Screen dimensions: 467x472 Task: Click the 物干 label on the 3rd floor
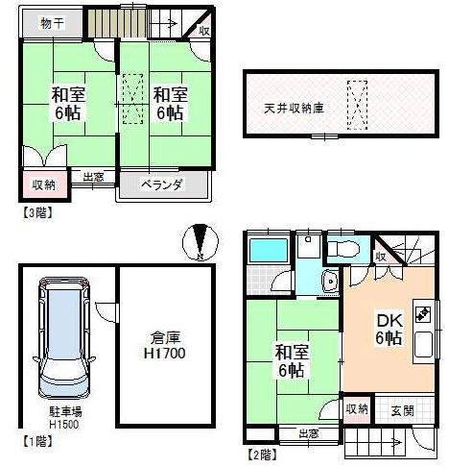(52, 23)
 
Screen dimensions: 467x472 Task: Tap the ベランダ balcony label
(162, 184)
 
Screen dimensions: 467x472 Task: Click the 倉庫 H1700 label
(166, 346)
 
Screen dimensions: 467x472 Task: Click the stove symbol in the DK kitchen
(422, 312)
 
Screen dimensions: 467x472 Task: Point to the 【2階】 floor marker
(264, 454)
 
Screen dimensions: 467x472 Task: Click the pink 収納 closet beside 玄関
(356, 408)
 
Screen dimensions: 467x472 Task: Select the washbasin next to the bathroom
(330, 282)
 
